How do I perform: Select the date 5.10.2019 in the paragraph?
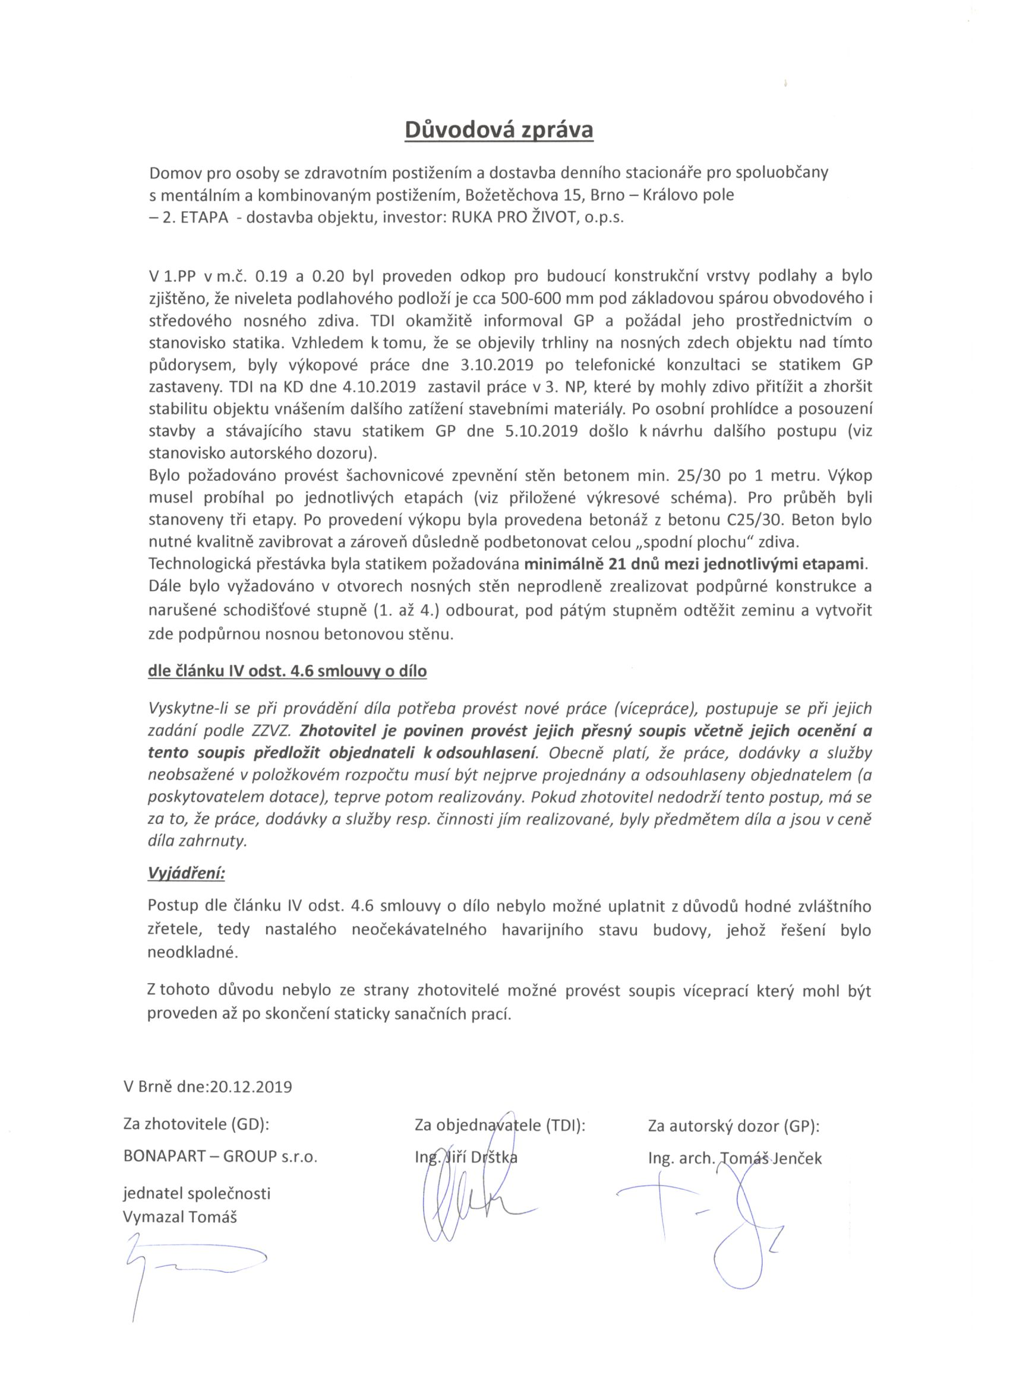[541, 431]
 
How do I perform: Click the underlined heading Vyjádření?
[186, 873]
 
